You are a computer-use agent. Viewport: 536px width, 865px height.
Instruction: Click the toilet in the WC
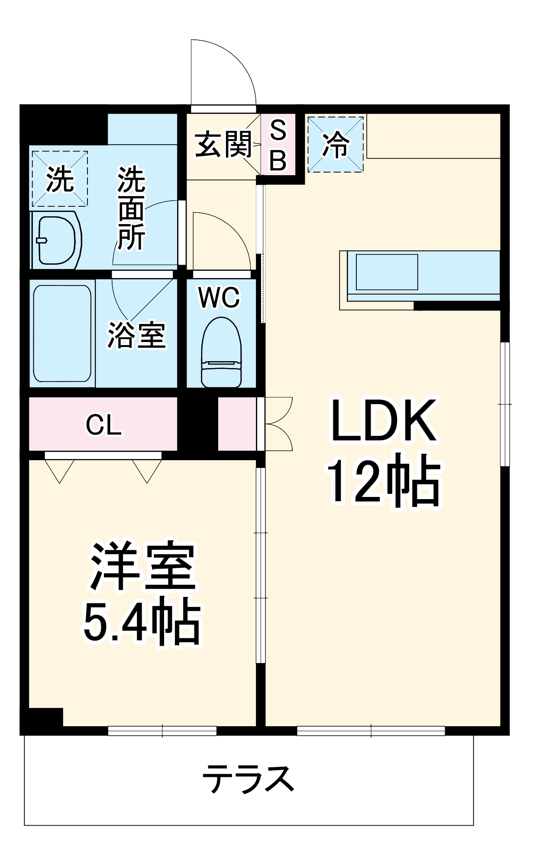[x=221, y=352]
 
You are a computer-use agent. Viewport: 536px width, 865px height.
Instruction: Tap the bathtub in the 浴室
[x=62, y=333]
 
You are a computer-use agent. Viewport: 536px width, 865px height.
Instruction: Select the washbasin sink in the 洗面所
[x=56, y=240]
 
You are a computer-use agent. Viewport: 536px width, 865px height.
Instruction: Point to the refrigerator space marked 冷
[x=336, y=144]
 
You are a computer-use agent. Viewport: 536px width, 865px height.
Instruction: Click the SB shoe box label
[x=278, y=145]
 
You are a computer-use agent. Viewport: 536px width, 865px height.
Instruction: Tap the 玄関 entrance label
[x=223, y=144]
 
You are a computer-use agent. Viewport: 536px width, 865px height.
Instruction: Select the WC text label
[x=219, y=298]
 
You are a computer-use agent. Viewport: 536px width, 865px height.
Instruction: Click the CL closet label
[x=103, y=425]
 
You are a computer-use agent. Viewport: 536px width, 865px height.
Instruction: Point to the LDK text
[x=383, y=421]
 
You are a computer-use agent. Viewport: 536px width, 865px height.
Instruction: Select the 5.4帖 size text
[x=142, y=622]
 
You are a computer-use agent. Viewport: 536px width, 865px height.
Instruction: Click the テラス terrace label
[x=248, y=779]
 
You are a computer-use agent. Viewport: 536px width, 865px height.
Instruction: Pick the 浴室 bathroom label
[x=136, y=335]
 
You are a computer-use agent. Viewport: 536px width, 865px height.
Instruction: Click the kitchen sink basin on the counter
[x=387, y=272]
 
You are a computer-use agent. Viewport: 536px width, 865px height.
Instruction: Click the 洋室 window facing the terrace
[x=162, y=730]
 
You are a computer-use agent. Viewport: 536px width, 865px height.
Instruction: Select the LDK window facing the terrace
[x=371, y=730]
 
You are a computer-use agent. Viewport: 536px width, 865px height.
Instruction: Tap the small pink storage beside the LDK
[x=237, y=424]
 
